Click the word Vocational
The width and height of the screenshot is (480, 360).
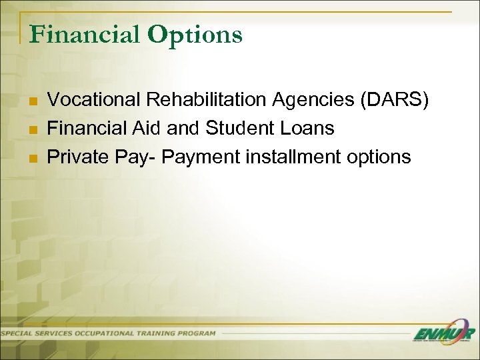point(95,100)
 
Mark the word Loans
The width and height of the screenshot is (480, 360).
point(308,129)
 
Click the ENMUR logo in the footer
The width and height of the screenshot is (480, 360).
point(443,334)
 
